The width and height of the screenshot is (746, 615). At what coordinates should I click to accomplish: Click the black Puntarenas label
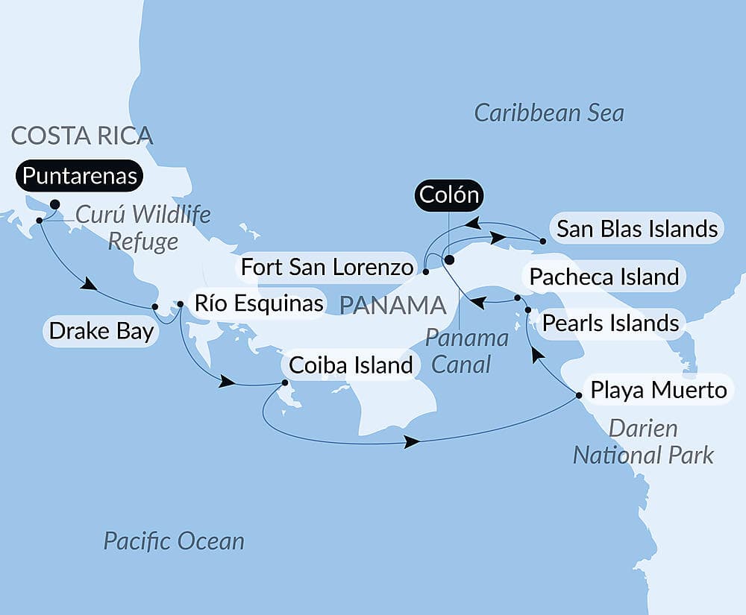coord(80,176)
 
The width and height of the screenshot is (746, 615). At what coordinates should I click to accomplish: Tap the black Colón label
coord(448,196)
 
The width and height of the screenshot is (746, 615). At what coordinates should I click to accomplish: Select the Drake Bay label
coord(101,331)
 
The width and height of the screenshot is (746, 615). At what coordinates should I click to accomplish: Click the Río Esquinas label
coord(258,303)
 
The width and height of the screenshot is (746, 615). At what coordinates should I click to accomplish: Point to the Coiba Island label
coord(350,365)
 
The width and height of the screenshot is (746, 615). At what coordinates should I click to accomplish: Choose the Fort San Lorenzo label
coord(327,267)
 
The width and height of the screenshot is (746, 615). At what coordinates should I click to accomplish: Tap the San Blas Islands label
coord(637,229)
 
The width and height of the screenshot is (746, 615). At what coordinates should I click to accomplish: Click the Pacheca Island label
coord(604,277)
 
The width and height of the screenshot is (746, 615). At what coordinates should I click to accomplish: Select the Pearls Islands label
coord(610,324)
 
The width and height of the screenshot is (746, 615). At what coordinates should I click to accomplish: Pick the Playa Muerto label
coord(658,389)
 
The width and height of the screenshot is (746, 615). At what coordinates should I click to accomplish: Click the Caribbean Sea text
coord(549,113)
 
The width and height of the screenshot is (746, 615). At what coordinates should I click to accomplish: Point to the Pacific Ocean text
coord(174,540)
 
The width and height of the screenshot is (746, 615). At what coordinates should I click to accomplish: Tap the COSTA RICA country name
coord(82,136)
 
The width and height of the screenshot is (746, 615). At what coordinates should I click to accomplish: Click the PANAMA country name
coord(392,305)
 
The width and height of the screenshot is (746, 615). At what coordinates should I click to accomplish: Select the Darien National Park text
coord(643,441)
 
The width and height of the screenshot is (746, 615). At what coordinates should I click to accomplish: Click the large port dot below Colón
coord(449,260)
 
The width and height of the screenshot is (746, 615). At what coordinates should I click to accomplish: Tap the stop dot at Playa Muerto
coord(579,395)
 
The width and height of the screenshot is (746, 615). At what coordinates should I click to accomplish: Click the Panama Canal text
coord(467,350)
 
